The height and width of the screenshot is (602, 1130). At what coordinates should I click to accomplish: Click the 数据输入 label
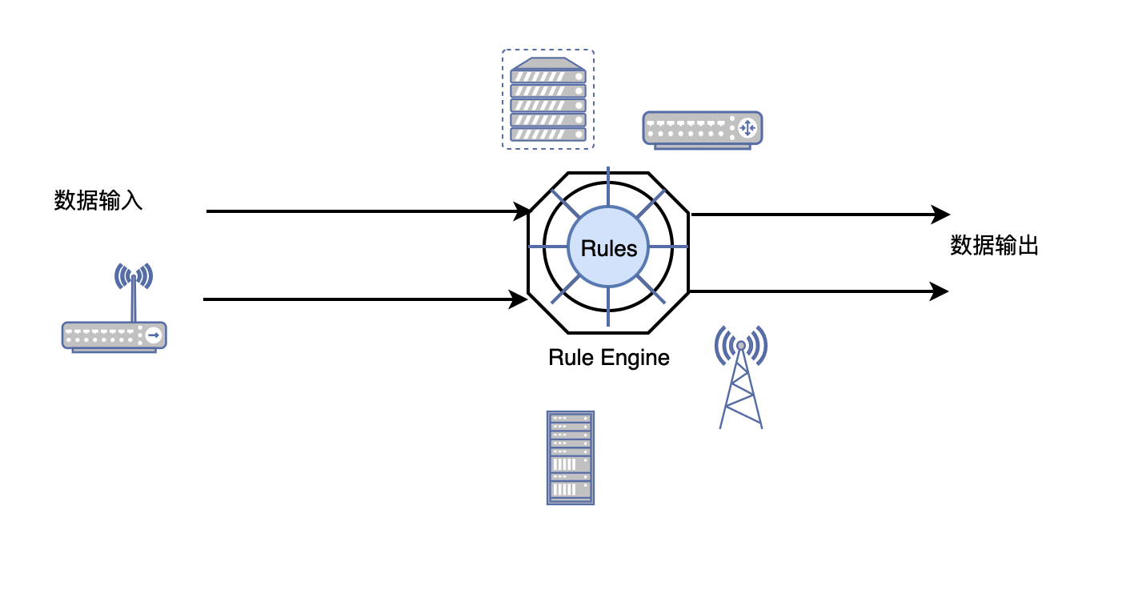coord(98,200)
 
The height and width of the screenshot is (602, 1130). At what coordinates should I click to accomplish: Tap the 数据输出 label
coord(994,246)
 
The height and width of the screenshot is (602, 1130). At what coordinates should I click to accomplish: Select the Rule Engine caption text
coord(608,357)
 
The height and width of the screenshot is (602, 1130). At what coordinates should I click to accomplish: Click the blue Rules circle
coord(608,247)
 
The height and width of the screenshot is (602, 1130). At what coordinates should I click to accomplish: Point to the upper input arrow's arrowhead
coord(523,212)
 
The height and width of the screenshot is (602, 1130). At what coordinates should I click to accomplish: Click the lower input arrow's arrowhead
coord(520,300)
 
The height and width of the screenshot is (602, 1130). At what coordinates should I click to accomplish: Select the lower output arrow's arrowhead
coord(940,291)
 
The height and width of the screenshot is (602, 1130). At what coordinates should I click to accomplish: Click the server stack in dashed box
coord(548,99)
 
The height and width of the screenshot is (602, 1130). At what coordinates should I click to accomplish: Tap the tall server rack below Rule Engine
coord(571,457)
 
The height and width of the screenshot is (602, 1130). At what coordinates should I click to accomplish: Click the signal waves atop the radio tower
coord(741,343)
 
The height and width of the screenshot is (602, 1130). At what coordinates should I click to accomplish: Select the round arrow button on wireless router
coord(153,335)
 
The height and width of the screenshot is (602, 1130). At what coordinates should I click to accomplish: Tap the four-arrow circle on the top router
coord(747,126)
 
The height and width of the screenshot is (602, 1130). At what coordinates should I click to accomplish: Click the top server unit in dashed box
coord(548,77)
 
